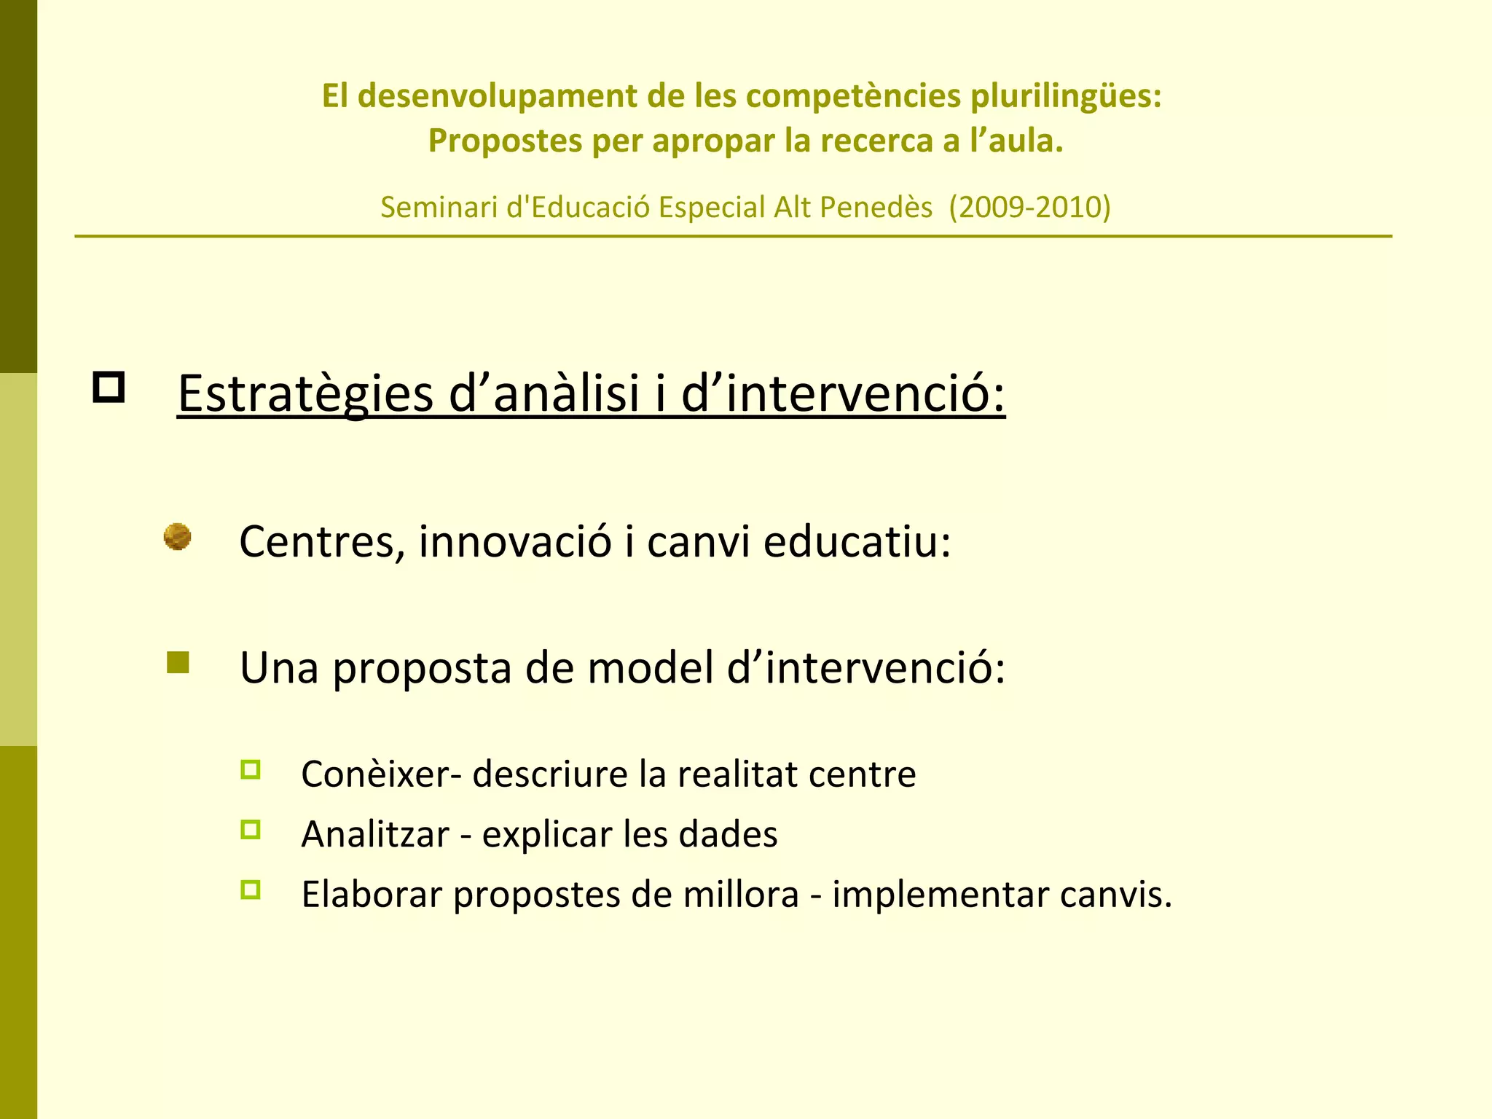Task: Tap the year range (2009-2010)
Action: (1029, 208)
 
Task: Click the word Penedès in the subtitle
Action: (877, 208)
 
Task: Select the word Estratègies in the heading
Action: (305, 394)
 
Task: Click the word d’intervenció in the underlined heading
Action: (843, 394)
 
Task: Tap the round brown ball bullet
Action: (177, 537)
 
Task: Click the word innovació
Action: (514, 542)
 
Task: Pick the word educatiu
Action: (857, 542)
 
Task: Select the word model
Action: (650, 667)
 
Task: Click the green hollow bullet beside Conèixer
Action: (250, 770)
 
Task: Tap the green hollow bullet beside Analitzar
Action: (250, 830)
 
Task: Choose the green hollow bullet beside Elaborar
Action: (250, 890)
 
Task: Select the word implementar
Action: (940, 895)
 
